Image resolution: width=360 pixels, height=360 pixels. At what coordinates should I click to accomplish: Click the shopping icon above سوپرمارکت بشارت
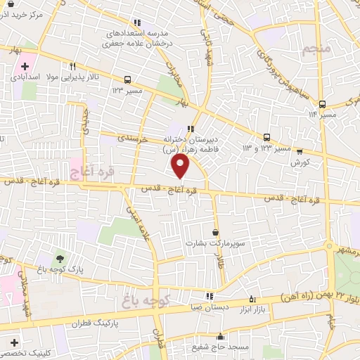point(215,232)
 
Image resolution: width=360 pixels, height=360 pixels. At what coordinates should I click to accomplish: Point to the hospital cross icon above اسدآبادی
point(25,65)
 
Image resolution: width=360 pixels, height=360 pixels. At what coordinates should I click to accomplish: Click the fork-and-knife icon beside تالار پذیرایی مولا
point(72,67)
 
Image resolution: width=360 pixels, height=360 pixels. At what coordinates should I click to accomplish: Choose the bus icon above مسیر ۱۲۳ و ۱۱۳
point(267,137)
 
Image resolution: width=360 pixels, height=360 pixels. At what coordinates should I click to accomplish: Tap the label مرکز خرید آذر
point(21,14)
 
